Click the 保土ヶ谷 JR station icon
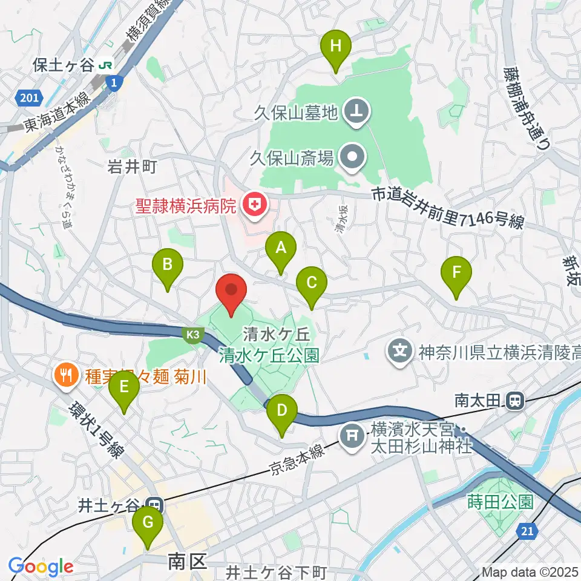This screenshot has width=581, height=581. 107,64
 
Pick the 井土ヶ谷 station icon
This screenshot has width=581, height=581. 154,504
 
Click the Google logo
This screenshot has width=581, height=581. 41,566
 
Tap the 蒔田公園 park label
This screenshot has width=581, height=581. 500,502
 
